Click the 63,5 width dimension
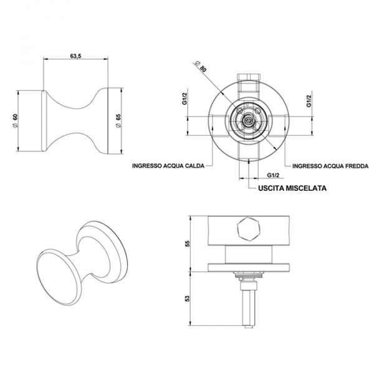coord(75,56)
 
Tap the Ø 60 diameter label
coord(15,120)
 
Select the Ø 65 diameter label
coord(118,120)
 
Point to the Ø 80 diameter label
coord(201,67)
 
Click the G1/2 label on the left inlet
coord(185,98)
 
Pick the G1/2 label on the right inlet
coord(309,100)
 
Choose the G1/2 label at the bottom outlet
coord(273,175)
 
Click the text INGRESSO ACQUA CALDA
coord(168,166)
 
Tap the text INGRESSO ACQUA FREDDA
coord(330,166)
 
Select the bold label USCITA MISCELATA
coord(292,188)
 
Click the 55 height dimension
coord(188,243)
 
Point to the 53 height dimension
coord(188,299)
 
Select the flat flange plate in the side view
coord(249,267)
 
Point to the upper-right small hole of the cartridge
coord(257,111)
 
